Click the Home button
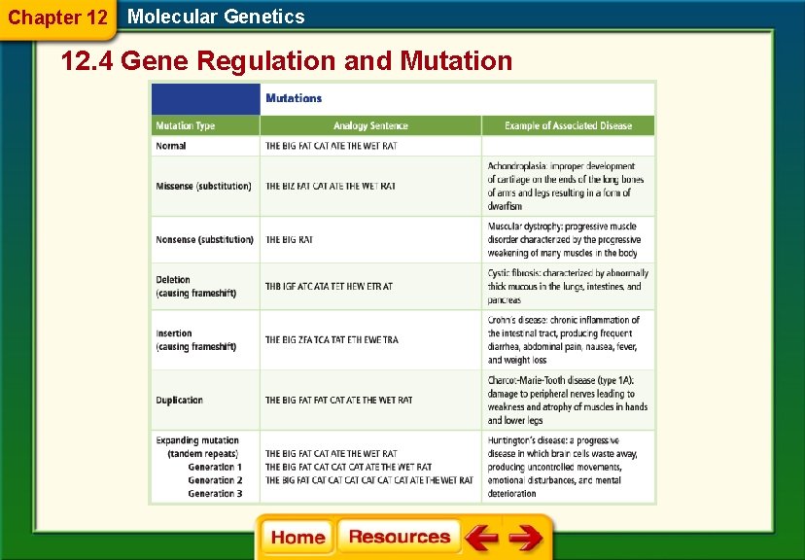(x=297, y=537)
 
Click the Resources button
(x=399, y=537)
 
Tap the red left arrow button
(x=480, y=538)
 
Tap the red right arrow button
(x=526, y=538)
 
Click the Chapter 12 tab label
(x=57, y=17)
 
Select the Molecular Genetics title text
(x=216, y=17)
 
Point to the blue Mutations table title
(x=294, y=98)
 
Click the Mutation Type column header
(x=185, y=125)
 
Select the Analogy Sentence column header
(x=370, y=125)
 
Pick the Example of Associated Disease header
(x=568, y=125)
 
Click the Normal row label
(x=171, y=146)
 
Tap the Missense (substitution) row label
(x=203, y=186)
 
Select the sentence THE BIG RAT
(x=290, y=239)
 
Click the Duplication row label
(x=179, y=400)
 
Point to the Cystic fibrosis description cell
(x=567, y=287)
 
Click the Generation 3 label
(x=215, y=493)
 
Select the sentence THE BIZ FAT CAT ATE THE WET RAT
(x=331, y=186)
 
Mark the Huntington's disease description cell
(x=568, y=467)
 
